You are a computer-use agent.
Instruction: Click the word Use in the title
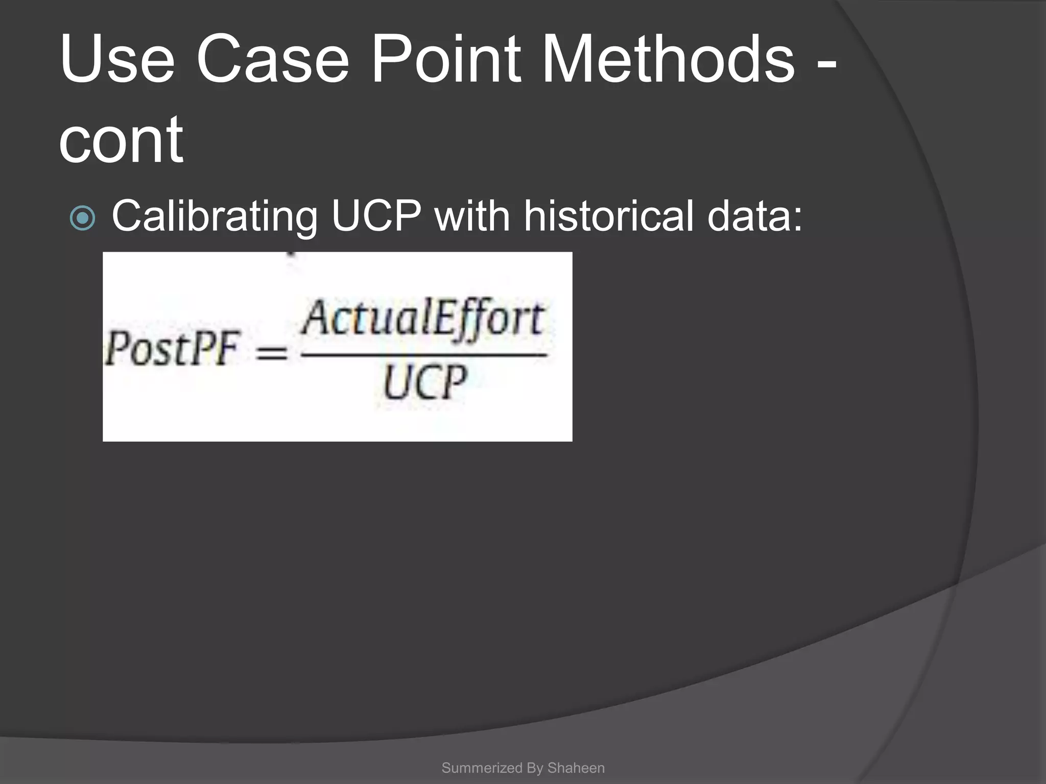pyautogui.click(x=117, y=60)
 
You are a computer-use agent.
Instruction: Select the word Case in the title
pyautogui.click(x=272, y=60)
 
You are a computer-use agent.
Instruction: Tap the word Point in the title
pyautogui.click(x=446, y=60)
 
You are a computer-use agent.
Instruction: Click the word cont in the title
pyautogui.click(x=121, y=140)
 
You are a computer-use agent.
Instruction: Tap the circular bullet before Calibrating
pyautogui.click(x=82, y=218)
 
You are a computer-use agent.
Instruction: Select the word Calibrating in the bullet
pyautogui.click(x=214, y=216)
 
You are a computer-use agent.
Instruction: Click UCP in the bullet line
pyautogui.click(x=376, y=215)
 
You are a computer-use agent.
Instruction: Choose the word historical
pyautogui.click(x=608, y=215)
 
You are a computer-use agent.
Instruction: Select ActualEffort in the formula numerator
pyautogui.click(x=422, y=319)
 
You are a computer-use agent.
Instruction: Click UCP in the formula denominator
pyautogui.click(x=424, y=383)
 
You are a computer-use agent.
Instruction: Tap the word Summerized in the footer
pyautogui.click(x=482, y=768)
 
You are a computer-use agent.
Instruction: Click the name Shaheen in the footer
pyautogui.click(x=576, y=768)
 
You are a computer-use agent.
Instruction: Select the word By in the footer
pyautogui.click(x=534, y=768)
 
